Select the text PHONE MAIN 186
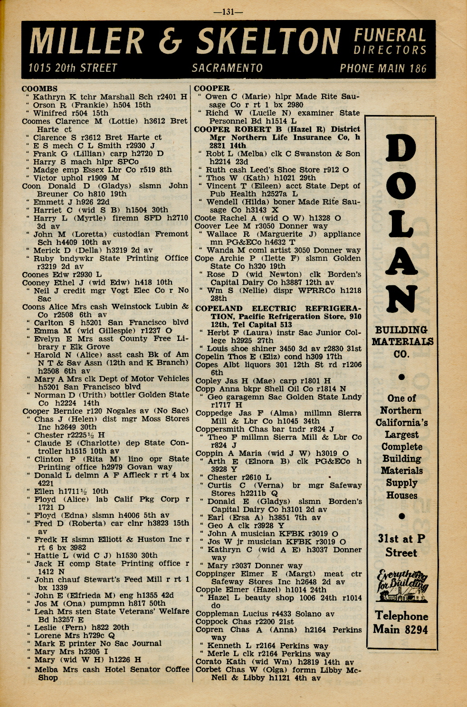(383, 68)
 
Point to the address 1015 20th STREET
(73, 68)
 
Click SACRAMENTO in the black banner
(227, 68)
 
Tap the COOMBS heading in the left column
(39, 89)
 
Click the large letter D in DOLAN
(401, 155)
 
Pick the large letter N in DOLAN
(401, 296)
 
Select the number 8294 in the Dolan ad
(413, 630)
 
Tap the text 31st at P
(401, 539)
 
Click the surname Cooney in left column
(36, 282)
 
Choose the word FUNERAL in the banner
(390, 36)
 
